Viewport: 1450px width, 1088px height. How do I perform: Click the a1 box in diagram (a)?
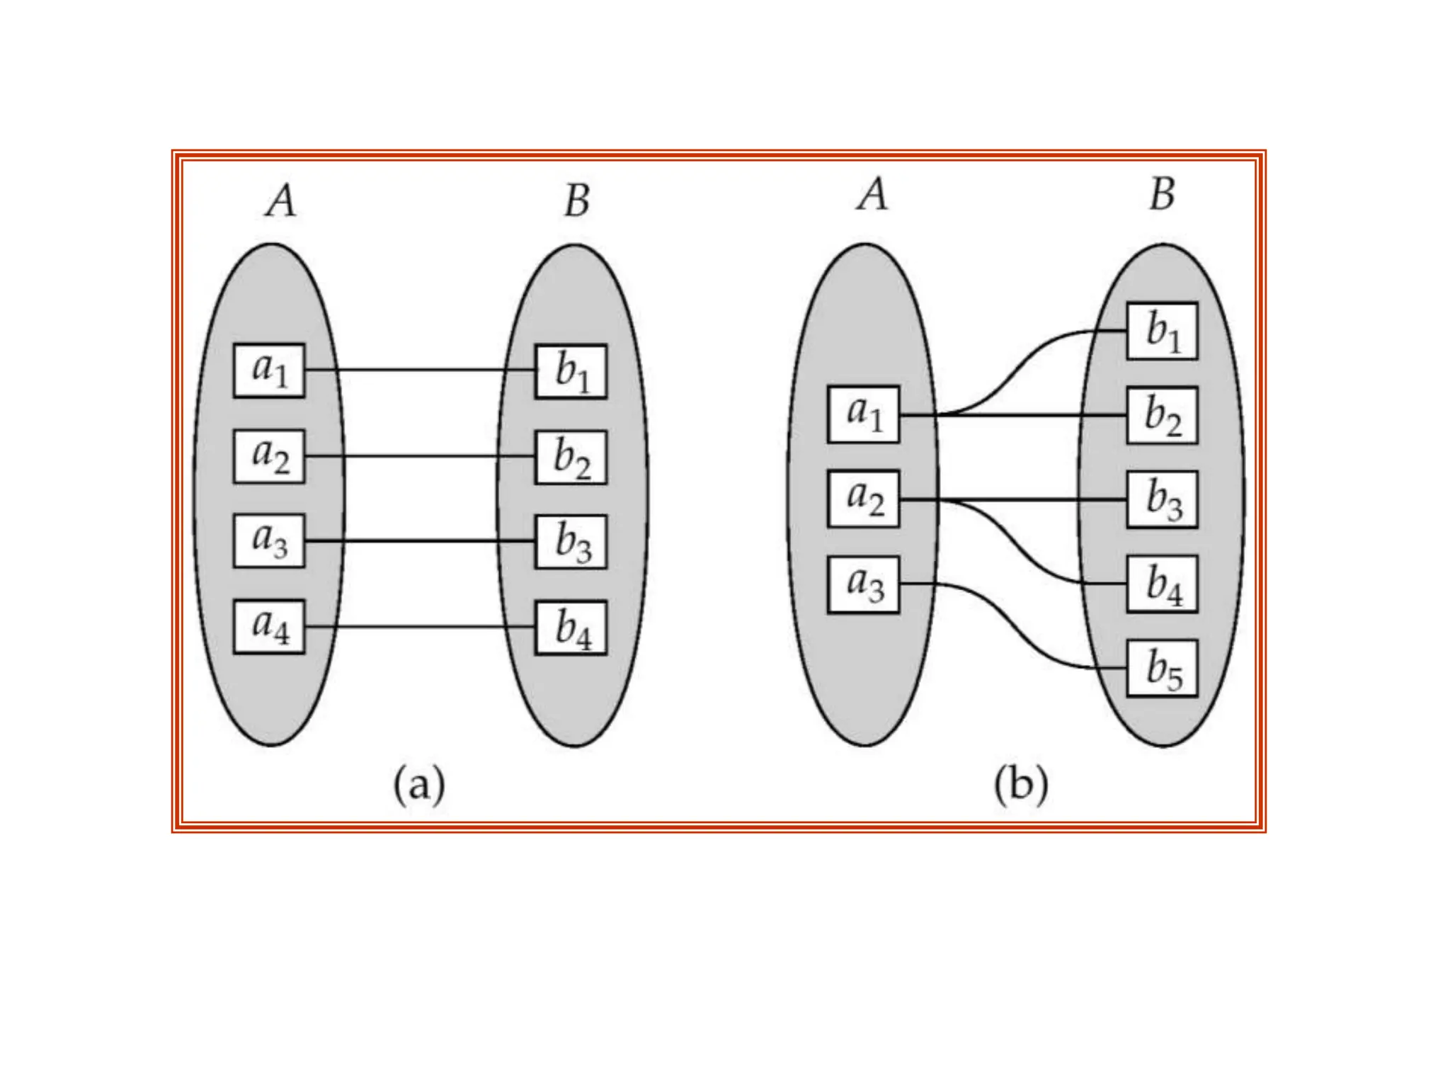(269, 370)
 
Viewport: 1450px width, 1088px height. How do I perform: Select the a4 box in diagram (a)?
(269, 627)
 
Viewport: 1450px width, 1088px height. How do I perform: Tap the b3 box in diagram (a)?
(571, 542)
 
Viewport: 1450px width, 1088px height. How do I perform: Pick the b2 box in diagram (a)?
(571, 457)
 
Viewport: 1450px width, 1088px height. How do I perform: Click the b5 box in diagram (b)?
(1163, 669)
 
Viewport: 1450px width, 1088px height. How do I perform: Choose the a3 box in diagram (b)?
(863, 584)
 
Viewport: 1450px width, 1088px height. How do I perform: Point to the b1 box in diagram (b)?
(1163, 331)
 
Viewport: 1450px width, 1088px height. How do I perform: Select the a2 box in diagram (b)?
(863, 499)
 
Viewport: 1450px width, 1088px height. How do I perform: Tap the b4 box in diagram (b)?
(1163, 584)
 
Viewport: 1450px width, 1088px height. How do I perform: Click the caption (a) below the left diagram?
(419, 785)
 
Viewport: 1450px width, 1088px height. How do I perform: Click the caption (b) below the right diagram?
(1020, 785)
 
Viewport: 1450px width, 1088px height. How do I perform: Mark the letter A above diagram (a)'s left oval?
(281, 200)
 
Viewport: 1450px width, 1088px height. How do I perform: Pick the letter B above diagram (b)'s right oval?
(1162, 194)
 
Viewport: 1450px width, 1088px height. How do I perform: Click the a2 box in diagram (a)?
(269, 457)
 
